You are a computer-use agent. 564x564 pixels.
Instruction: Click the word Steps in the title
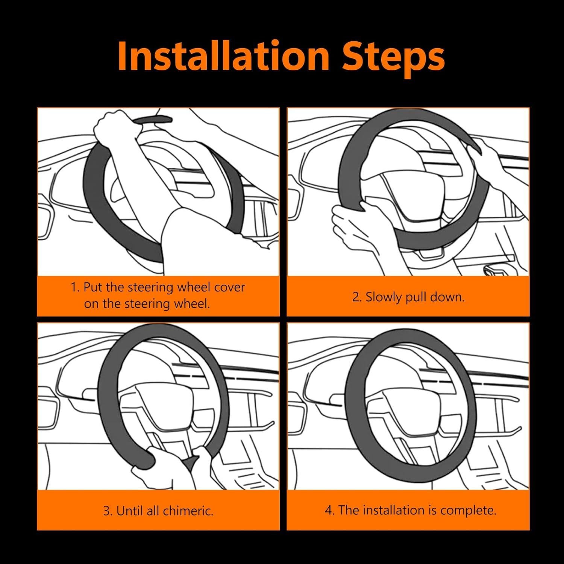[393, 58]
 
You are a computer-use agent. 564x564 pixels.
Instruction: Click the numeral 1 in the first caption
[74, 288]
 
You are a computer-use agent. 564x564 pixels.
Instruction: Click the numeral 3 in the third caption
[107, 511]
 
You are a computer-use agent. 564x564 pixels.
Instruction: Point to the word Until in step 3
[127, 511]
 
